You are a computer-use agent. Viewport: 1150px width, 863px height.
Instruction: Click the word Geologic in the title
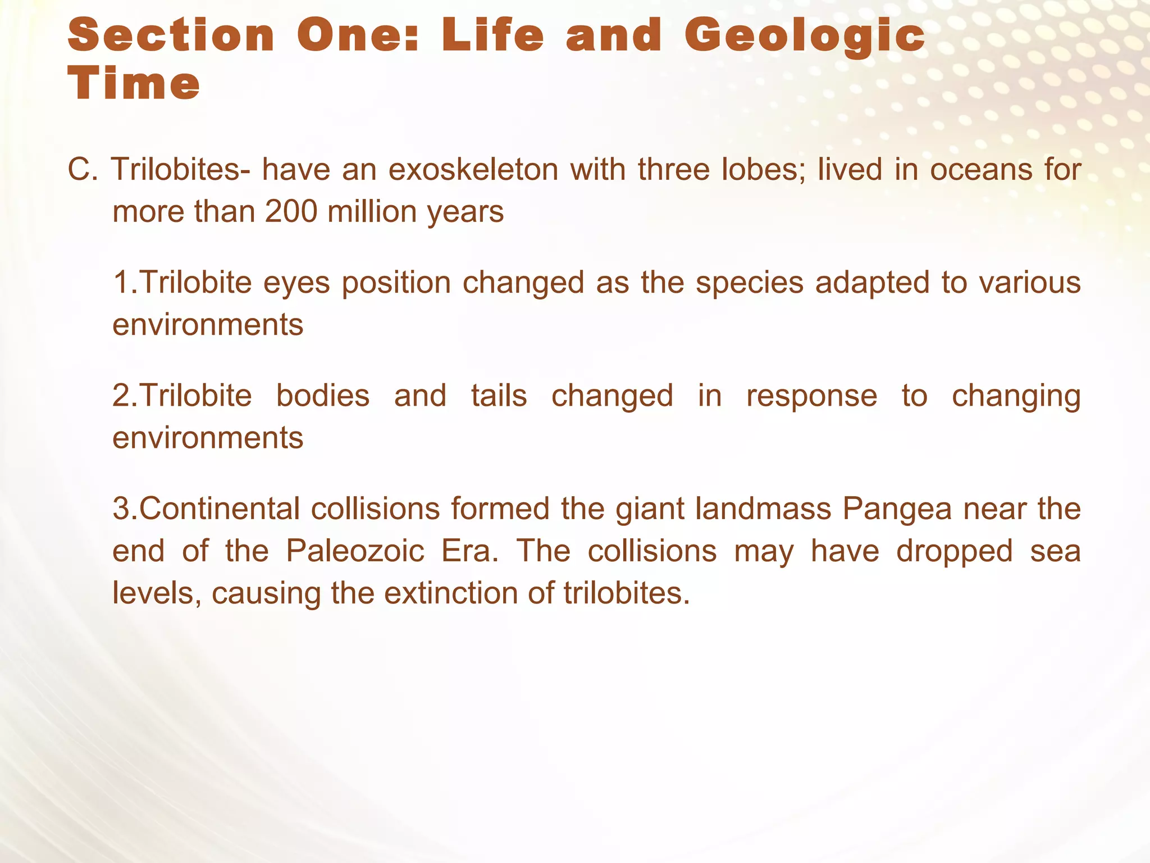[x=804, y=36]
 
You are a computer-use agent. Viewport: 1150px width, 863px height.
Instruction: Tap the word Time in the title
[x=134, y=84]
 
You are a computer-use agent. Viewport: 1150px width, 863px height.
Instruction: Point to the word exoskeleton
[x=473, y=170]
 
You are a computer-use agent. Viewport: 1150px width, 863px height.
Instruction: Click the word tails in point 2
[x=499, y=396]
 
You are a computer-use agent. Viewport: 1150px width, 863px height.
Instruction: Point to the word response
[x=811, y=396]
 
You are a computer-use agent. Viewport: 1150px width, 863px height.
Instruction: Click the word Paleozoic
[x=355, y=551]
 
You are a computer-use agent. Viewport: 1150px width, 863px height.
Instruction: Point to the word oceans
[x=981, y=170]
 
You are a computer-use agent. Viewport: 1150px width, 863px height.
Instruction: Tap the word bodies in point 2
[x=323, y=396]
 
